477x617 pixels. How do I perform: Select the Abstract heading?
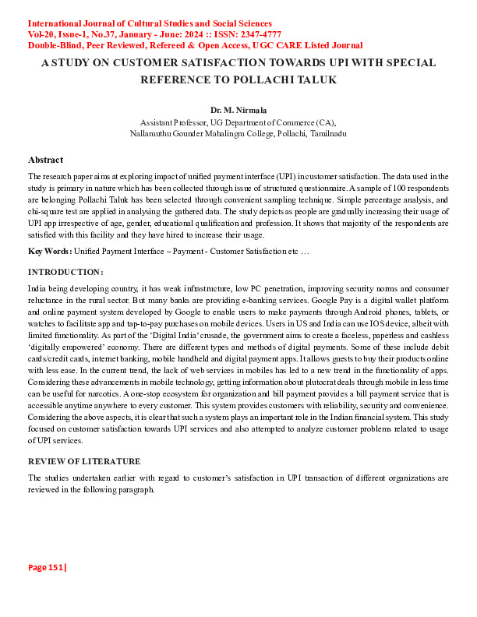point(45,160)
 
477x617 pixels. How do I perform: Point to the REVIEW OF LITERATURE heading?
point(84,461)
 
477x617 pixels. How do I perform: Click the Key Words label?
point(50,251)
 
